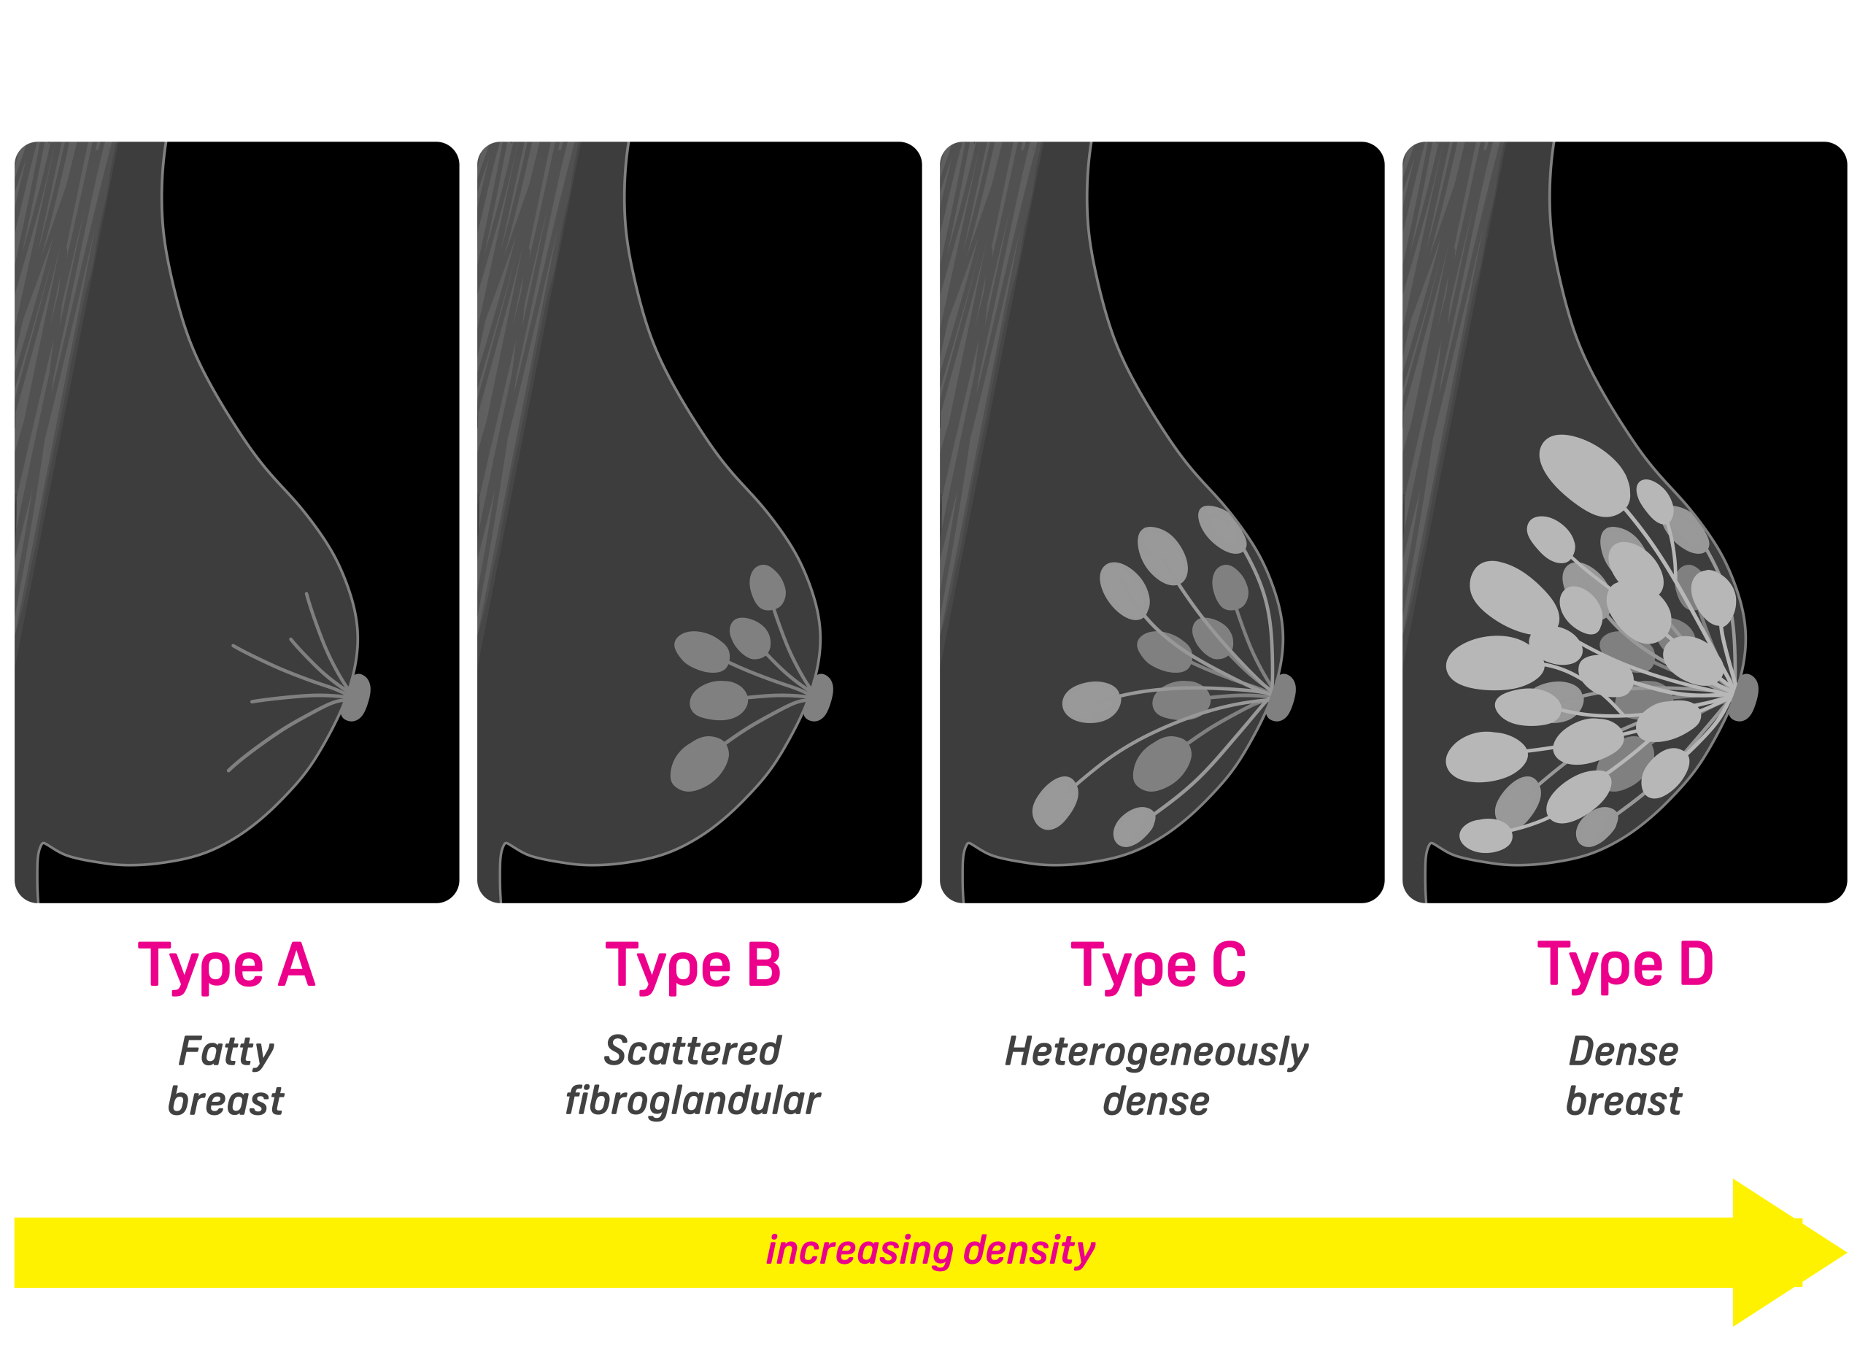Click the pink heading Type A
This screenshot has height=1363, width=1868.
[227, 966]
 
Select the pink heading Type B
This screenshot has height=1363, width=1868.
[693, 966]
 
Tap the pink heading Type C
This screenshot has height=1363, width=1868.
[1159, 966]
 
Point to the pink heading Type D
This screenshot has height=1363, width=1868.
[1626, 966]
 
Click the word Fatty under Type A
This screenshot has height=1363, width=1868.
[226, 1053]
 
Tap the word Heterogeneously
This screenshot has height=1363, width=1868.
[1156, 1053]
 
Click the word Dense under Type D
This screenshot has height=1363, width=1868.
[1623, 1052]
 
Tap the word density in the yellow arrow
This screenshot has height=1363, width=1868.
[1029, 1251]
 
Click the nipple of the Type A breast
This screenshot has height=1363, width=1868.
[356, 697]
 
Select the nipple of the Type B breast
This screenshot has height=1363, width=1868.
[819, 697]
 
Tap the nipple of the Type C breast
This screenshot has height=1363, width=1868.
[1281, 697]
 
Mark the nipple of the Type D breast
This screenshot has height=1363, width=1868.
[1744, 697]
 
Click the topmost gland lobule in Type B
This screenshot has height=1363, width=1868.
[768, 587]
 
